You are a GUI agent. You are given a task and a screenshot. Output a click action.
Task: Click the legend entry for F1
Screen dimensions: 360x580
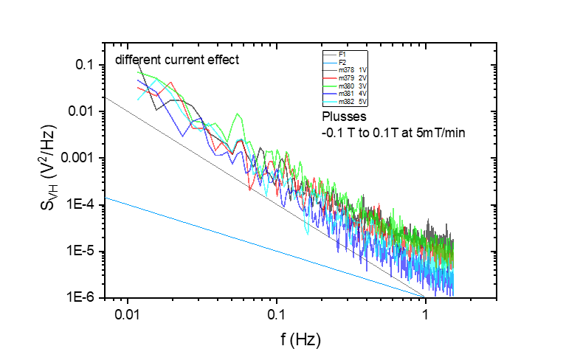342,55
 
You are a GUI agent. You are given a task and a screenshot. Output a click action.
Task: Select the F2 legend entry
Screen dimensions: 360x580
342,62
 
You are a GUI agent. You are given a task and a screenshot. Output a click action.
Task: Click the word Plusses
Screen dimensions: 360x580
343,117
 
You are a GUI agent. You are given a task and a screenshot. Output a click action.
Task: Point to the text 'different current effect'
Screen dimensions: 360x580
176,60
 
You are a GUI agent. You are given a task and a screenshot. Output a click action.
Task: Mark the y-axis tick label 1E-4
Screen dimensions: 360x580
85,205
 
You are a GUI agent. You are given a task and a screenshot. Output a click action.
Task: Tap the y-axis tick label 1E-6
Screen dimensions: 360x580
85,298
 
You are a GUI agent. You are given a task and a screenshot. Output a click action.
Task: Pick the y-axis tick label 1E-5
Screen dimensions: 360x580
85,252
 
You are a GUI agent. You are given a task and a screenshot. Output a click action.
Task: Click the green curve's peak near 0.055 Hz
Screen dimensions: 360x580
237,115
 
